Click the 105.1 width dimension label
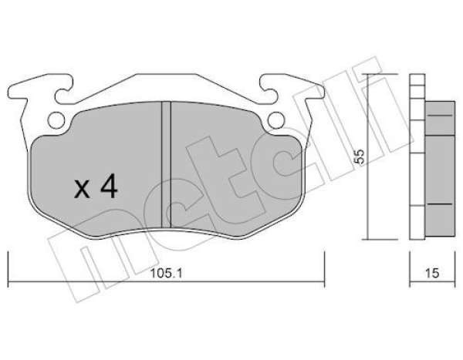(x=167, y=273)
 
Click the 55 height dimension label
(x=360, y=156)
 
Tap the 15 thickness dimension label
(x=432, y=273)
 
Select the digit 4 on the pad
(x=109, y=186)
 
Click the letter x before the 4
(x=82, y=189)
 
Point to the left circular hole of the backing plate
(x=56, y=120)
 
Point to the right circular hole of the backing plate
(x=276, y=120)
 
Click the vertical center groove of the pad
(x=166, y=164)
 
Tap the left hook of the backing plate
(x=63, y=89)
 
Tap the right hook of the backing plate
(x=269, y=89)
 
